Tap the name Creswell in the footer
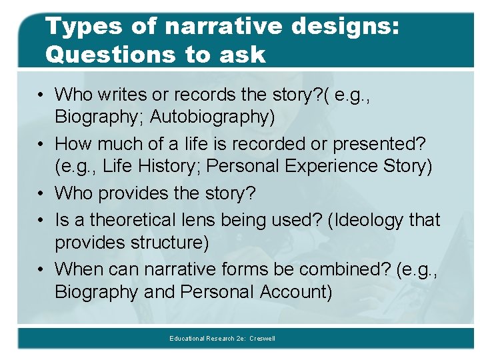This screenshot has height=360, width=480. (x=262, y=339)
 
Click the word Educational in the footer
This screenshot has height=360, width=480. (x=186, y=339)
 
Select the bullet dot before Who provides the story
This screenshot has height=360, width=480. (x=41, y=193)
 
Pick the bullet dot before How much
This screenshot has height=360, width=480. (x=41, y=144)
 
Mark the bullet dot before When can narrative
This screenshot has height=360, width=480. (x=41, y=269)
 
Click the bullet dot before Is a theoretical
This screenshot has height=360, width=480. (x=41, y=219)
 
